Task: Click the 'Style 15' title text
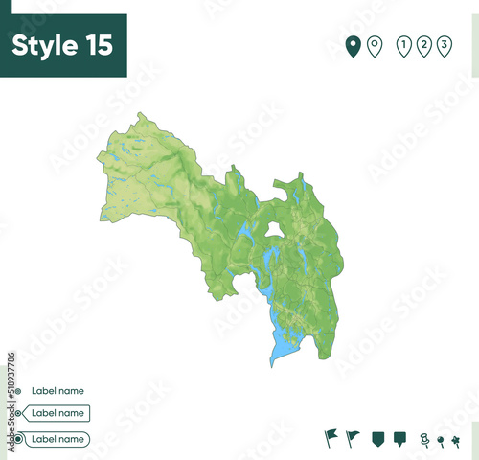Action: [62, 45]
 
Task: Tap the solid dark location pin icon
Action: [353, 45]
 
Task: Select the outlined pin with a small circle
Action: [375, 45]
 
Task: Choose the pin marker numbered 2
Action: [423, 45]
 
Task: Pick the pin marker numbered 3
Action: [444, 45]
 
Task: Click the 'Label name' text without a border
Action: [57, 391]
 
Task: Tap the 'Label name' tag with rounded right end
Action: [57, 439]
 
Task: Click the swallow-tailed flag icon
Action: [331, 437]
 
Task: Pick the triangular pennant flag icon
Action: [353, 437]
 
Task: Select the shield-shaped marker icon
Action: [377, 438]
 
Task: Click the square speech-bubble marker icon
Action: [399, 438]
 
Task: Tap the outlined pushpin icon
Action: [424, 439]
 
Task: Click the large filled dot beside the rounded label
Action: [15, 439]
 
